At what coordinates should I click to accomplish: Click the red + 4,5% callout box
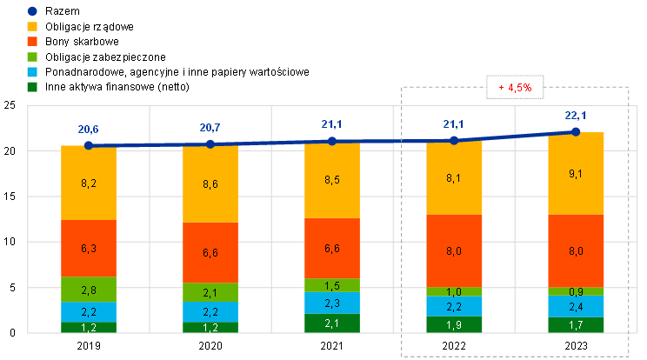coord(516,88)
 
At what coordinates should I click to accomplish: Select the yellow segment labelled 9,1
coord(576,173)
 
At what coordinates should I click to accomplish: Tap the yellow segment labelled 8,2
coord(89,183)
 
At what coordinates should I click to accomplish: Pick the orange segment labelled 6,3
coord(89,249)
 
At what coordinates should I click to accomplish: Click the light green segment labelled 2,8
coord(89,290)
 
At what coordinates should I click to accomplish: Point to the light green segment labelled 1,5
coord(332,285)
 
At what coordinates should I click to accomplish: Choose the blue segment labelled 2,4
coord(576,306)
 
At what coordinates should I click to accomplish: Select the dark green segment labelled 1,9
coord(454,324)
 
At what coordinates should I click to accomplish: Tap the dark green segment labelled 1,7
coord(576,325)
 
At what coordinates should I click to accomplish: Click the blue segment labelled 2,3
coord(332,303)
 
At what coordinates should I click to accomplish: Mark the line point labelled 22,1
coord(576,131)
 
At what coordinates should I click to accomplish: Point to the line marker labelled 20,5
coord(89,145)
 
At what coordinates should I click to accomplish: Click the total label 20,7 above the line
coord(210,129)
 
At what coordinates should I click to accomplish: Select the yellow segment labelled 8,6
coord(210,184)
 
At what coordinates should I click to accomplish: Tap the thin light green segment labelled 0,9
coord(576,291)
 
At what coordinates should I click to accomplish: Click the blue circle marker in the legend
coord(32,11)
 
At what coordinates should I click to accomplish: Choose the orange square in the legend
coord(32,41)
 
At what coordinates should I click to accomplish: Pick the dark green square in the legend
coord(32,86)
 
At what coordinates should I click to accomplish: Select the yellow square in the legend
coord(32,26)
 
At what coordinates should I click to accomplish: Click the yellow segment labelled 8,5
coord(332,181)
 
